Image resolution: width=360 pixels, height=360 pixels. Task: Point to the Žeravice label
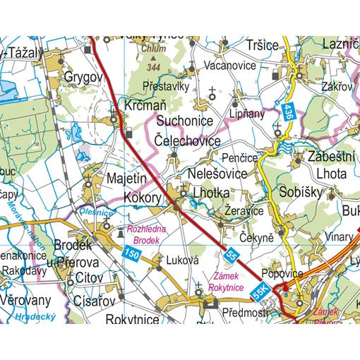pos(244,210)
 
